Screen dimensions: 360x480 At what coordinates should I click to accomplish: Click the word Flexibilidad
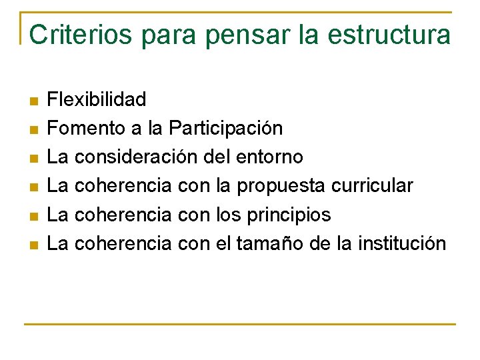(97, 100)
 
